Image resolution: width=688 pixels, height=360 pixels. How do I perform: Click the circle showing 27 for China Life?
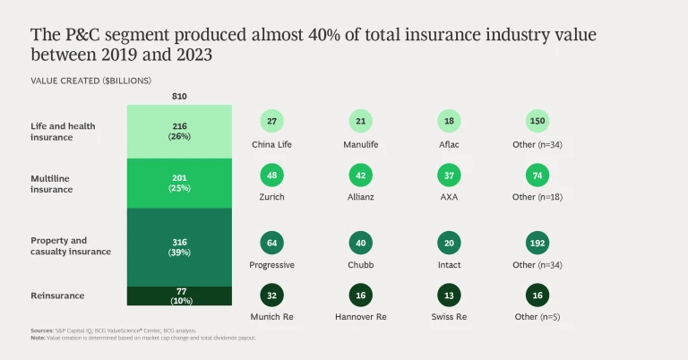(271, 122)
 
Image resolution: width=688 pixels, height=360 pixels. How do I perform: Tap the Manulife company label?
(361, 144)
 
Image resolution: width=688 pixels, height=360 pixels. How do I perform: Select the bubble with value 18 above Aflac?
(450, 122)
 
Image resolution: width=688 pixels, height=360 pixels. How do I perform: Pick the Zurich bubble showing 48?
(271, 175)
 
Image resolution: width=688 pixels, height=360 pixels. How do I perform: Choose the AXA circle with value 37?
(450, 175)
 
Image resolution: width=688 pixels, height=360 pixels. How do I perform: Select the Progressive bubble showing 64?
(271, 243)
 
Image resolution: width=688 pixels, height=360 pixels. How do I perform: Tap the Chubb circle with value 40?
(361, 243)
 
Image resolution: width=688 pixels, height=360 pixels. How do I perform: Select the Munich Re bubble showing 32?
(271, 296)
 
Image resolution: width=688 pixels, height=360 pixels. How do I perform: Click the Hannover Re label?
(361, 318)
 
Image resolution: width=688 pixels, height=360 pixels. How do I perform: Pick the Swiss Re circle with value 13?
(450, 296)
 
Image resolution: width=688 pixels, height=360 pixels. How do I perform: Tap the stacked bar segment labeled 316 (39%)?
(178, 246)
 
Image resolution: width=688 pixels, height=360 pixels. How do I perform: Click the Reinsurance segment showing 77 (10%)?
(178, 296)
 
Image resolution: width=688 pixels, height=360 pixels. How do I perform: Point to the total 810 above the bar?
(178, 96)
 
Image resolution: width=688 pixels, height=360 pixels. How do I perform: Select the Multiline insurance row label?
(56, 184)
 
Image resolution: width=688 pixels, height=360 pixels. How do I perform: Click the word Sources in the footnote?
(41, 331)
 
